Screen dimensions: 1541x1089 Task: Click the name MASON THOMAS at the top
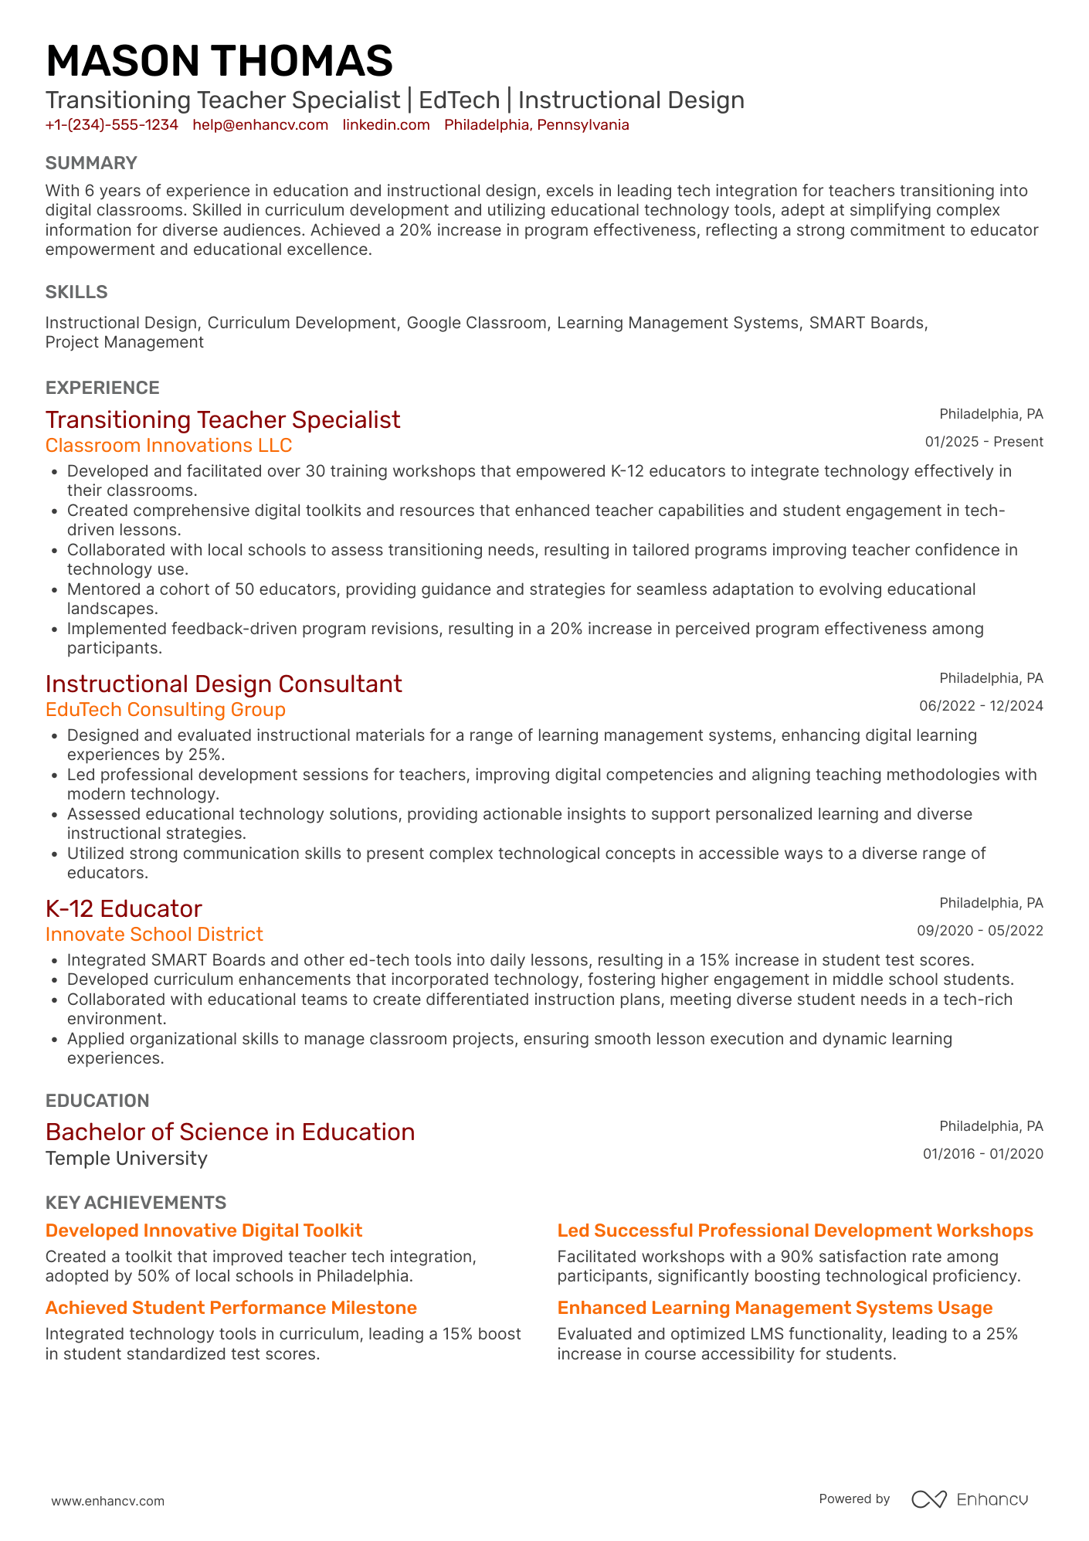click(x=219, y=61)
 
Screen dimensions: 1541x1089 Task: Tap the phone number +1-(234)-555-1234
click(x=111, y=125)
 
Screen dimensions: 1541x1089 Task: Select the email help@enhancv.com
click(x=260, y=125)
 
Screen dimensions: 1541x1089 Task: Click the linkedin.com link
click(x=386, y=125)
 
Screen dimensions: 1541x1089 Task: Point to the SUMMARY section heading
click(x=91, y=163)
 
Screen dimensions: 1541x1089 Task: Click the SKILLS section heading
click(x=76, y=292)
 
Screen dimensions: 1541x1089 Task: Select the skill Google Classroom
click(x=477, y=323)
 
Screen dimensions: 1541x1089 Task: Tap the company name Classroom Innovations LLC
click(x=168, y=446)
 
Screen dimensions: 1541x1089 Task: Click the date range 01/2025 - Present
click(x=983, y=442)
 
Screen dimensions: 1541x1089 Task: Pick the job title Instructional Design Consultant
click(x=223, y=684)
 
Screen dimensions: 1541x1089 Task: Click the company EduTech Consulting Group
click(x=165, y=710)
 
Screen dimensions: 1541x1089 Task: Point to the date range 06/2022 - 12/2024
click(x=980, y=706)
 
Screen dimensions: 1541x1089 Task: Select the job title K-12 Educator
click(x=124, y=908)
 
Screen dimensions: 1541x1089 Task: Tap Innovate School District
click(x=154, y=935)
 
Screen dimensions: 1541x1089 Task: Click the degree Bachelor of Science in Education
click(x=230, y=1132)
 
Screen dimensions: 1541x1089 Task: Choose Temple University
click(x=126, y=1159)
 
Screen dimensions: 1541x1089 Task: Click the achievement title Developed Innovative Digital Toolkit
click(x=203, y=1230)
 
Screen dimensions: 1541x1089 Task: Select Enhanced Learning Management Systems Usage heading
click(x=774, y=1308)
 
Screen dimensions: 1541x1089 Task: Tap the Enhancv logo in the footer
click(x=969, y=1499)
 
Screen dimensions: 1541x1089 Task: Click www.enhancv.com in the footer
click(x=107, y=1501)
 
